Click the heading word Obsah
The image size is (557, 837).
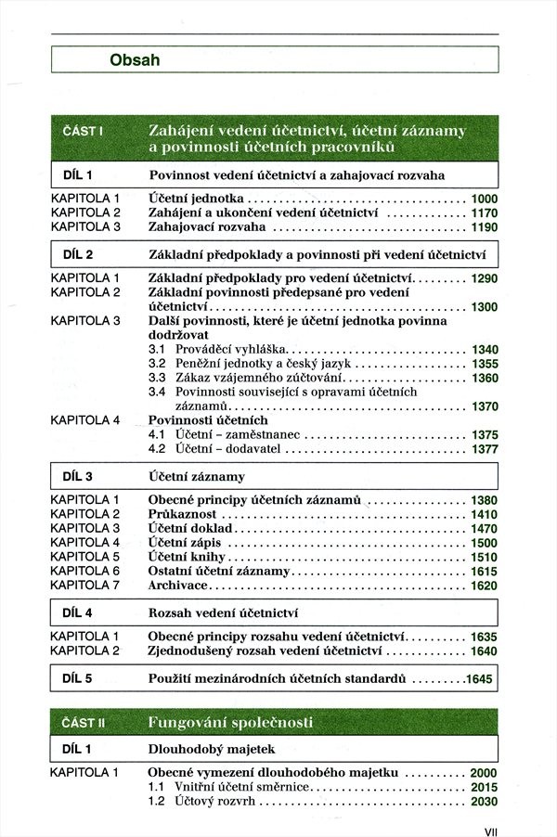pos(135,60)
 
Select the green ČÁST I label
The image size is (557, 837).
pos(82,131)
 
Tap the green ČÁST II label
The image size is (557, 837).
pos(84,722)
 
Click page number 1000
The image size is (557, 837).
pos(484,199)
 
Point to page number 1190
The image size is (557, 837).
pos(484,226)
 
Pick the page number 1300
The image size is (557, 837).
pos(484,307)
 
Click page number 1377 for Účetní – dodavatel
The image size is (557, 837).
pos(484,449)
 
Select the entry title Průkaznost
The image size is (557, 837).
pos(183,514)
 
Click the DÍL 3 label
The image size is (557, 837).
pos(77,477)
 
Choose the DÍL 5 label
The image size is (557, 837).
pos(77,678)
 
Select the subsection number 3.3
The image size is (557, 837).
pos(157,378)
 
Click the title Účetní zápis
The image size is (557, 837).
pos(184,543)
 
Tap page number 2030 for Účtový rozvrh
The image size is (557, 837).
pos(484,802)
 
